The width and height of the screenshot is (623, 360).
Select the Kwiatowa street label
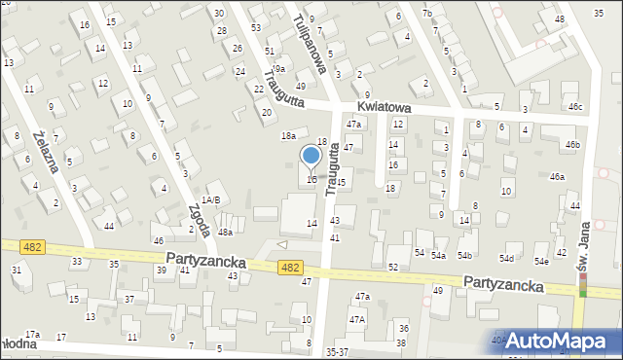[385, 108]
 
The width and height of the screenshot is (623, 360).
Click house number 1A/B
[210, 199]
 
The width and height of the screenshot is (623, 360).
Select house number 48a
[225, 233]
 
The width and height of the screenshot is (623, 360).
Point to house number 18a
[288, 135]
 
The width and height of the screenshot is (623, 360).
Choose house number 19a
[277, 69]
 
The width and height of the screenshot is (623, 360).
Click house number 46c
[575, 107]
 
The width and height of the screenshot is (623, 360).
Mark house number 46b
[572, 145]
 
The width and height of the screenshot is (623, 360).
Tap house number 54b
[464, 255]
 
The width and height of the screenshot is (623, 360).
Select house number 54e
[539, 262]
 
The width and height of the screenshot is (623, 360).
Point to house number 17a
[32, 335]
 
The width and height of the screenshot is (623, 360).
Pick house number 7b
[427, 12]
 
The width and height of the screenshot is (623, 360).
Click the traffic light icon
[583, 284]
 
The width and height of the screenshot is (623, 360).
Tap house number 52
[393, 267]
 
